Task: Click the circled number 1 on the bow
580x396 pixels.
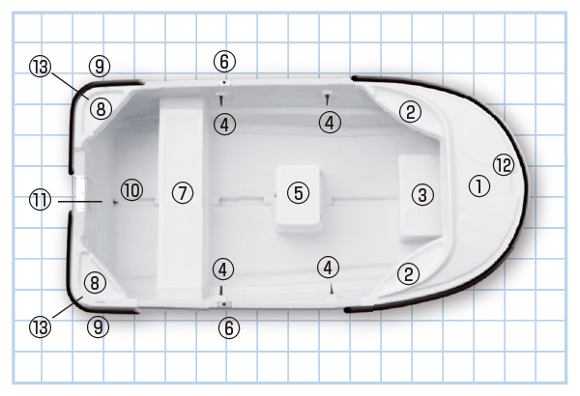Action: pyautogui.click(x=479, y=186)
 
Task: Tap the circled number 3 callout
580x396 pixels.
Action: pyautogui.click(x=422, y=195)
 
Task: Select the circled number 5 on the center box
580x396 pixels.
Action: pyautogui.click(x=298, y=192)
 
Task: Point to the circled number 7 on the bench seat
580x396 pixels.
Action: pyautogui.click(x=183, y=192)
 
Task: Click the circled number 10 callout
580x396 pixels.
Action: pyautogui.click(x=132, y=190)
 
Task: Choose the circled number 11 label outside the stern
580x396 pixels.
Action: pyautogui.click(x=40, y=200)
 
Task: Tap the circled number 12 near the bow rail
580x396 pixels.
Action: pyautogui.click(x=504, y=165)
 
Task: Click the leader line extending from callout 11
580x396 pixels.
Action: pyautogui.click(x=80, y=202)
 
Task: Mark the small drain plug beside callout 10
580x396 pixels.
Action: pyautogui.click(x=115, y=202)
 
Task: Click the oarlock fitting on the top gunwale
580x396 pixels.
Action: pyautogui.click(x=224, y=82)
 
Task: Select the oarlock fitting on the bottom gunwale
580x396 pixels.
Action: pyautogui.click(x=224, y=303)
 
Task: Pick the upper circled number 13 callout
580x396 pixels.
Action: pyautogui.click(x=40, y=67)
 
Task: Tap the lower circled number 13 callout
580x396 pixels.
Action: pyautogui.click(x=40, y=327)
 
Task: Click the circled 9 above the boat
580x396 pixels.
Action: pyautogui.click(x=100, y=67)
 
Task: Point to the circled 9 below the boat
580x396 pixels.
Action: pyautogui.click(x=98, y=327)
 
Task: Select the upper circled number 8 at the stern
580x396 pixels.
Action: pyautogui.click(x=101, y=109)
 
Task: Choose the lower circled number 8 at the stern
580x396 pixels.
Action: pyautogui.click(x=95, y=283)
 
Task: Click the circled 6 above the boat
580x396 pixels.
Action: pyautogui.click(x=224, y=62)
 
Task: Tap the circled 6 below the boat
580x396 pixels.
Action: pyautogui.click(x=229, y=328)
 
